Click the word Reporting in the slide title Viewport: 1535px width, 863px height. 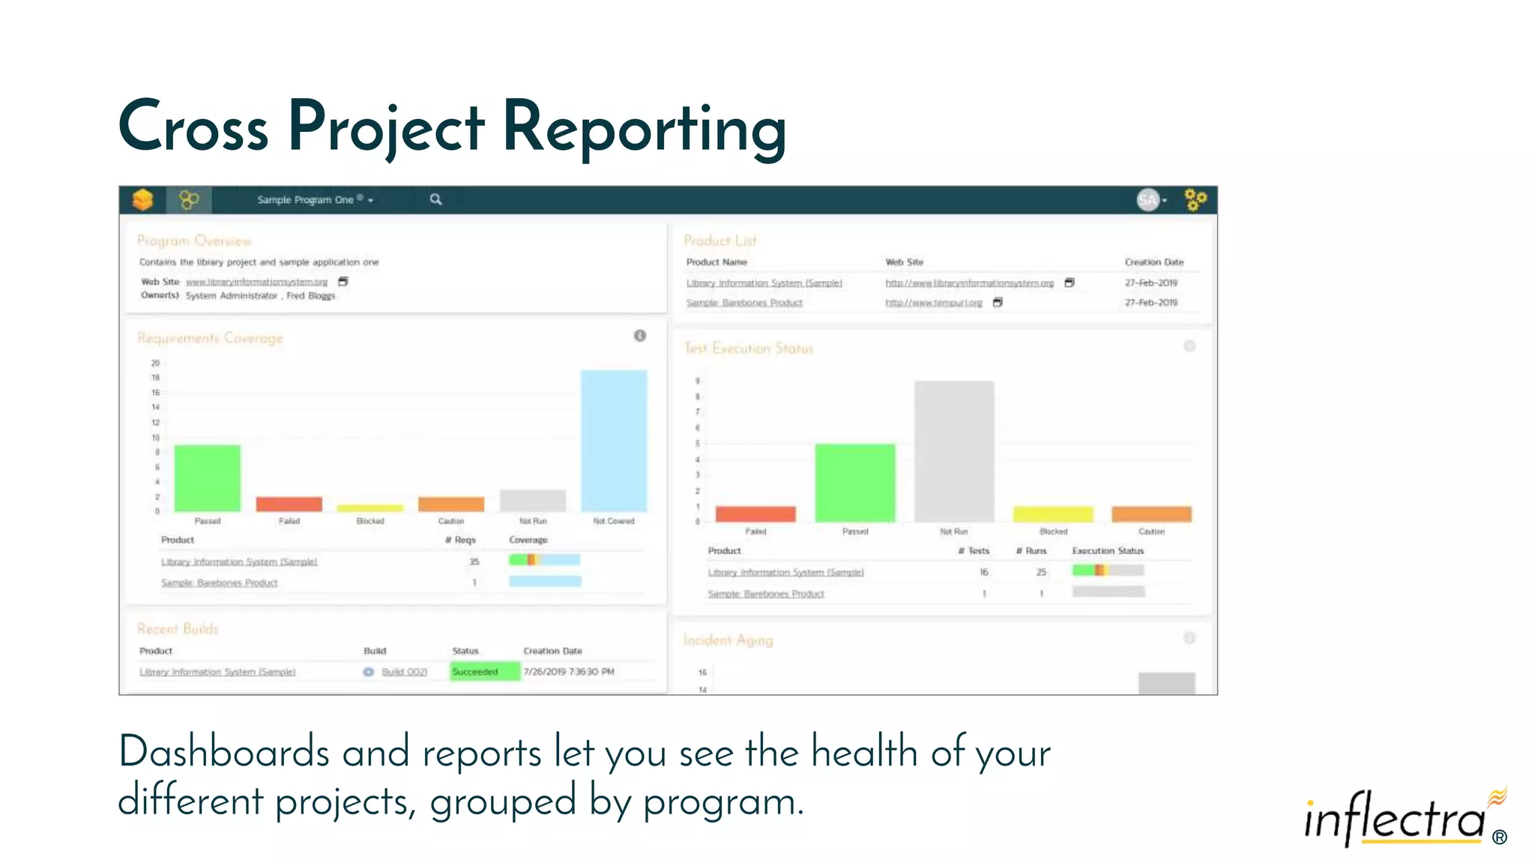645,127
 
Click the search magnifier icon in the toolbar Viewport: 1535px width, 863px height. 435,199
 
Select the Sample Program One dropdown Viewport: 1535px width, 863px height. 315,200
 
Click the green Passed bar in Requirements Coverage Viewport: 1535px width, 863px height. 208,478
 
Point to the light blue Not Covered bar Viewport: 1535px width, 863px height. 614,440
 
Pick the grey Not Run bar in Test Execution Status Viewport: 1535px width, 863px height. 954,451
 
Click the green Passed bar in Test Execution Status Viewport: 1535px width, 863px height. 855,482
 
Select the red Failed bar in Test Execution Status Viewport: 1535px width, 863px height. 756,514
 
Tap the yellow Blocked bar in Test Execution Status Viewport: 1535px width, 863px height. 1053,514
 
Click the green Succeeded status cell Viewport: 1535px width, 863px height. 485,672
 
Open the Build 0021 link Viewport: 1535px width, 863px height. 404,672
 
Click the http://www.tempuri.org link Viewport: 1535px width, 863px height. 933,303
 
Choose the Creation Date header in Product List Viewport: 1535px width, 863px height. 1153,262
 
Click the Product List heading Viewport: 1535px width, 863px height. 720,240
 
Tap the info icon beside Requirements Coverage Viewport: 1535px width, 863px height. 639,336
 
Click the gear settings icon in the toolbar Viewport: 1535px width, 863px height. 1195,200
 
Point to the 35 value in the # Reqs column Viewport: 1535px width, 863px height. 474,561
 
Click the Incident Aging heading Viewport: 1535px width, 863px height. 728,640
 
